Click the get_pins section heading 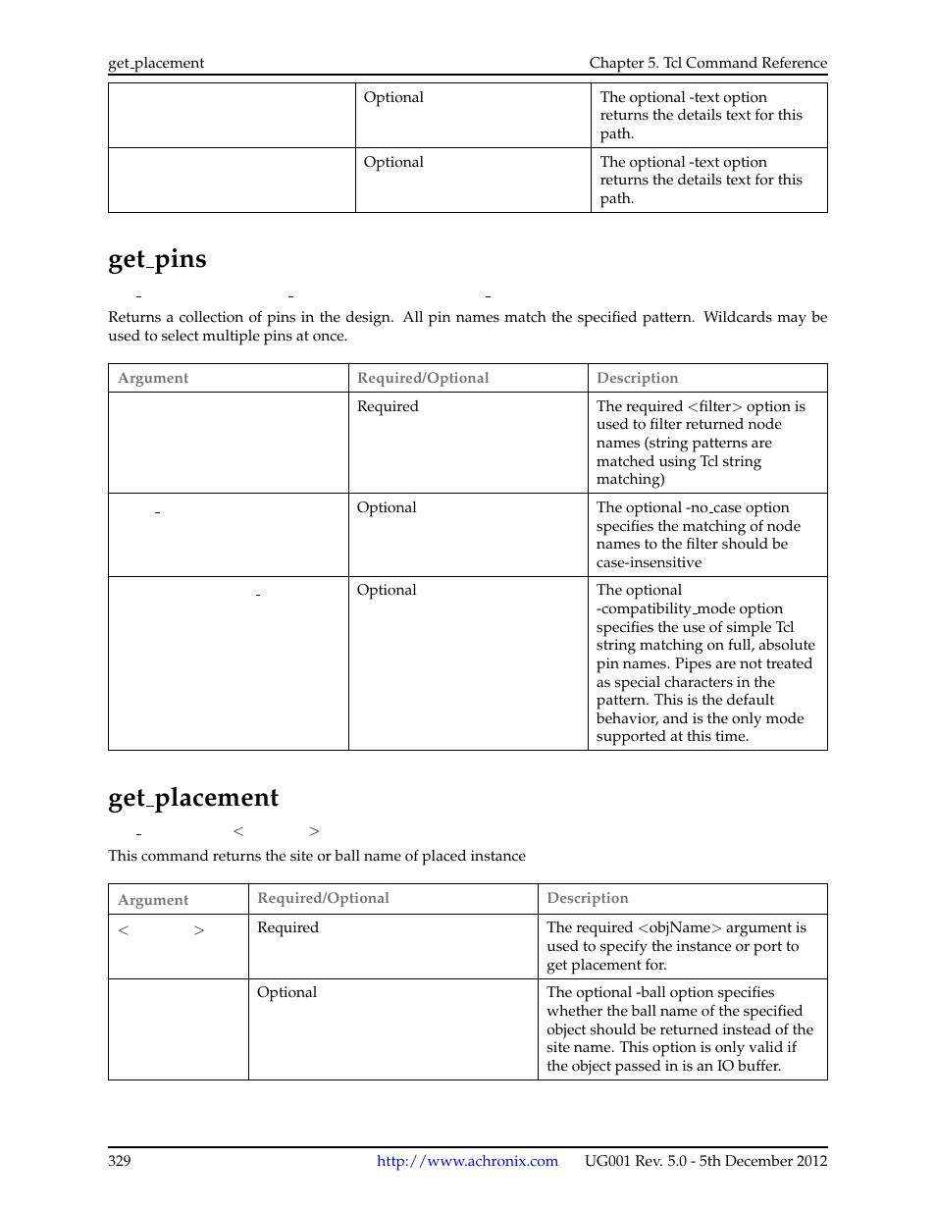pos(157,259)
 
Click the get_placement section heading pos(193,798)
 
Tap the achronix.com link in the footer pos(467,1161)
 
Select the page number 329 pos(120,1161)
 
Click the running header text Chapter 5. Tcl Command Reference pos(707,63)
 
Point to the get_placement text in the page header pos(156,63)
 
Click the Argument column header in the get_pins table pos(153,378)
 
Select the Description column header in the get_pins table pos(637,378)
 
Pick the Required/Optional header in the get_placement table pos(323,898)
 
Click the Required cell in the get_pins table pos(388,406)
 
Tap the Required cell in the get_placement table pos(287,927)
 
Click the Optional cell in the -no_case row pos(387,507)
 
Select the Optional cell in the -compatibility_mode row pos(387,590)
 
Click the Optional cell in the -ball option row pos(286,992)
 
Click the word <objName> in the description pos(679,927)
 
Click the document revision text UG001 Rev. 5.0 pos(636,1161)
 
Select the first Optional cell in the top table pos(393,97)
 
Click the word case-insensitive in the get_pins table pos(649,562)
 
